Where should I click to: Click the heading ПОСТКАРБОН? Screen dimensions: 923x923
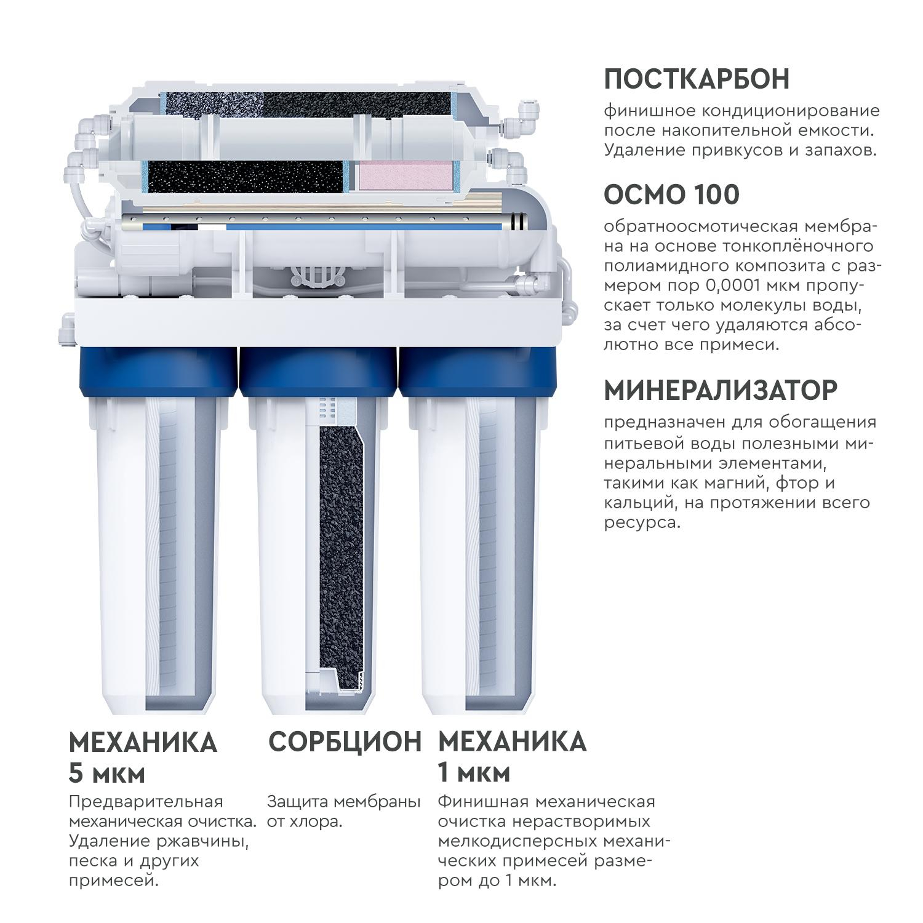[697, 79]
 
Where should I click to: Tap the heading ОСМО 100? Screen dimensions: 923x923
[671, 194]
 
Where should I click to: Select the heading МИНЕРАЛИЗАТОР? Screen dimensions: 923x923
[721, 390]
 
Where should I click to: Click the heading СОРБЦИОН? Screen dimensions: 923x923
[345, 741]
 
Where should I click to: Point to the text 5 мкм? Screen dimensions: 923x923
[106, 773]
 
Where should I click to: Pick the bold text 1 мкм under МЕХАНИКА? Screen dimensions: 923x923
[474, 773]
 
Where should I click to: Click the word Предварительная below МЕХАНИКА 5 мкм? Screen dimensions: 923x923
[146, 803]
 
